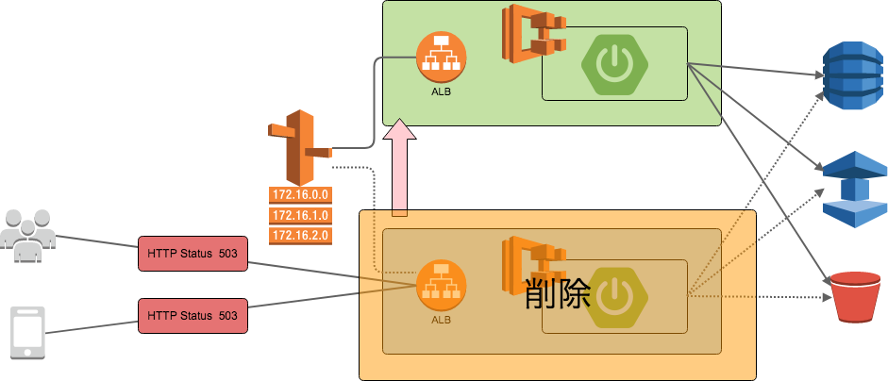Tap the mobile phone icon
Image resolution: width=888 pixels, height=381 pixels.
(27, 332)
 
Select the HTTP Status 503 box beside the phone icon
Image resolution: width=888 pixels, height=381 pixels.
(193, 314)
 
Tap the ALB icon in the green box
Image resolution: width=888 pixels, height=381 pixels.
(441, 58)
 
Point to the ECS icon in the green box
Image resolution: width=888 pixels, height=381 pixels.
(532, 35)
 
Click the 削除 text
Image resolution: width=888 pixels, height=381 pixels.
(557, 293)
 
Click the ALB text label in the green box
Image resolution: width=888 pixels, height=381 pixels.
(442, 91)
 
